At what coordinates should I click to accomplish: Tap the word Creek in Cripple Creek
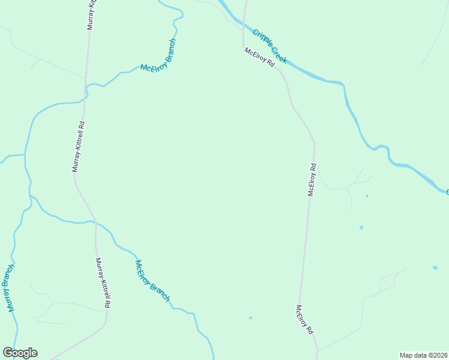pos(279,55)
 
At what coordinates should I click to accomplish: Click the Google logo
pos(20,353)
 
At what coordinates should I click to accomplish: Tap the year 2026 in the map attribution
pos(438,355)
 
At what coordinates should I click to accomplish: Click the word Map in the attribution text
pos(406,355)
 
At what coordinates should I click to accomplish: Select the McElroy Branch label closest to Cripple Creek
pos(158,55)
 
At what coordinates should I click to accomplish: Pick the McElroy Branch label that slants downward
pos(152,281)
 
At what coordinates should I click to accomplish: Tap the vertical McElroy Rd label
pos(312,179)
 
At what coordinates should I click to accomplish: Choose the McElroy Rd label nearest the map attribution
pos(304,319)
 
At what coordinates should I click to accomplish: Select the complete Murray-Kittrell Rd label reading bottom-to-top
pos(78,147)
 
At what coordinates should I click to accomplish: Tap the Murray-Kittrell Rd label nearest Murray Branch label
pos(103,283)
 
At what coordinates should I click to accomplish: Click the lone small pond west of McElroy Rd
pos(250,318)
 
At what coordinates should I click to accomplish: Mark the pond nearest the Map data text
pos(435,268)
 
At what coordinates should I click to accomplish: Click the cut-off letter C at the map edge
pos(447,192)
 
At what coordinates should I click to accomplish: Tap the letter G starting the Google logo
pos(8,353)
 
